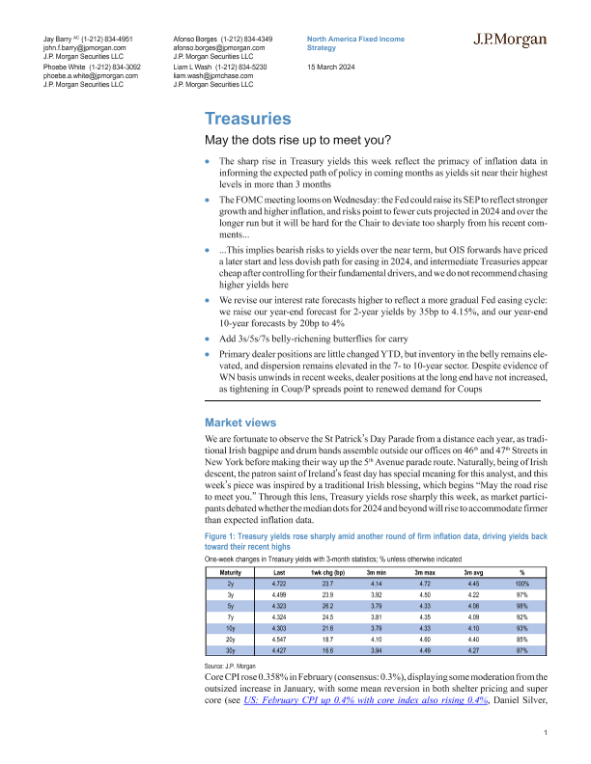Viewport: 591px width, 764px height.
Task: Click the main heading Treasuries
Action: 248,120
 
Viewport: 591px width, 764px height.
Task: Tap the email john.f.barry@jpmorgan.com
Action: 77,47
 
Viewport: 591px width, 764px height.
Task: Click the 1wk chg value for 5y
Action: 350,605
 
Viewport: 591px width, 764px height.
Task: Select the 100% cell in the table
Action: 521,584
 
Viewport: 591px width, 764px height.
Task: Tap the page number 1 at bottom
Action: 547,735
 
